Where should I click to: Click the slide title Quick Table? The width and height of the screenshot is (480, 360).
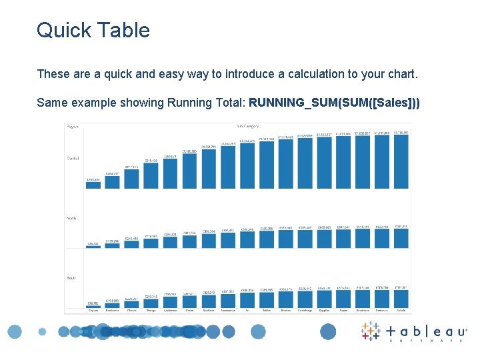pyautogui.click(x=93, y=30)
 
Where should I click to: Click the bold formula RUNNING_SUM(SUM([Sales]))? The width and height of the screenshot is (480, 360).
pyautogui.click(x=334, y=103)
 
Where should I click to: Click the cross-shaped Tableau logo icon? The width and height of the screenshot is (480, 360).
pyautogui.click(x=371, y=331)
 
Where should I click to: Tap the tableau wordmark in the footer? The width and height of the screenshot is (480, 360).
pyautogui.click(x=427, y=332)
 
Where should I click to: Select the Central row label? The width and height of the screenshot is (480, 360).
pyautogui.click(x=73, y=158)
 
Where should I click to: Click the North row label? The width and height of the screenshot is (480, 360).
pyautogui.click(x=71, y=218)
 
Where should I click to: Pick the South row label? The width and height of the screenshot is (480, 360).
pyautogui.click(x=71, y=277)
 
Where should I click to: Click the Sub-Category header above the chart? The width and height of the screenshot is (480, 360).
pyautogui.click(x=247, y=126)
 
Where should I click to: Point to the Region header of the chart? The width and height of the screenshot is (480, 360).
pyautogui.click(x=73, y=126)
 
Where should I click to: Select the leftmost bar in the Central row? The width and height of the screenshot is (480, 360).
pyautogui.click(x=93, y=185)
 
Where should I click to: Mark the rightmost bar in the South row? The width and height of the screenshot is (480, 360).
pyautogui.click(x=401, y=299)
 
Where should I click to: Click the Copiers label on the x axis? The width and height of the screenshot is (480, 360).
pyautogui.click(x=93, y=310)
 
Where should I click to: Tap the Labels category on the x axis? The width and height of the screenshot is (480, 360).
pyautogui.click(x=401, y=310)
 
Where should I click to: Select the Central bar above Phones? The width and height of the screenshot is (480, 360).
pyautogui.click(x=131, y=178)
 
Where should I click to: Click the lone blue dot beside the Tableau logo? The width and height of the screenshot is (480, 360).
pyautogui.click(x=328, y=331)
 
